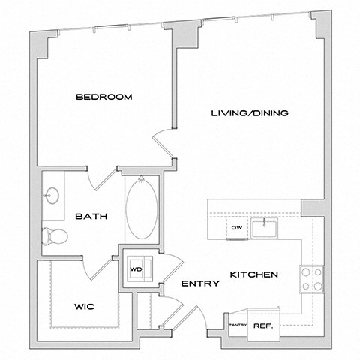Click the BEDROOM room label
coord(104,97)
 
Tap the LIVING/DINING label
coord(250,113)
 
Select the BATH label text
coord(91,216)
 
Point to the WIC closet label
coord(84,307)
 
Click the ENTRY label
coord(200,283)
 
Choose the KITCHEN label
coord(255,274)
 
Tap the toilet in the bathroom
coord(55,236)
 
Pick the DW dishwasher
coord(236,227)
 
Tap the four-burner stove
coord(311,278)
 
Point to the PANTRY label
coord(238,324)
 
